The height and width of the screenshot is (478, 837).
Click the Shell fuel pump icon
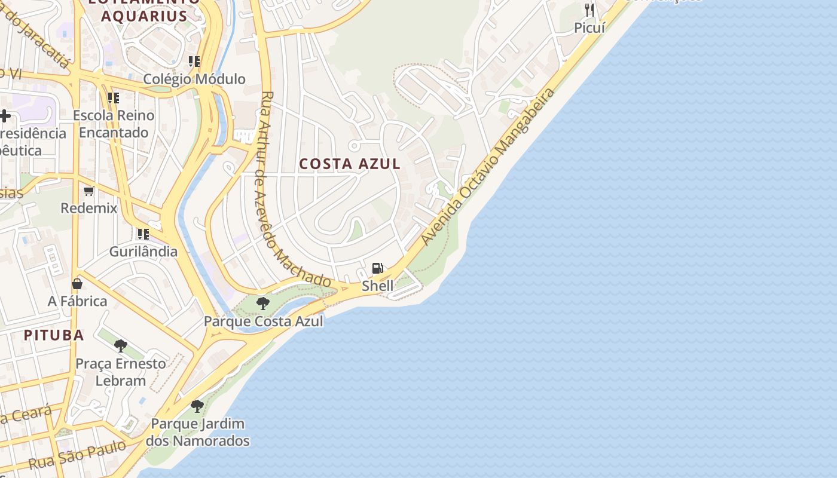click(x=377, y=268)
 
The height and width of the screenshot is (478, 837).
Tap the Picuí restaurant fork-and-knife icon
click(x=589, y=10)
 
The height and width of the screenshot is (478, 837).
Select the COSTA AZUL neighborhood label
click(x=350, y=164)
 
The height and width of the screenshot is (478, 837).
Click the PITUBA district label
click(x=54, y=335)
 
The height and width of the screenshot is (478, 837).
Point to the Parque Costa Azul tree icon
click(x=262, y=304)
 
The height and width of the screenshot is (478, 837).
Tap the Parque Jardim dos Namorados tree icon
click(x=197, y=406)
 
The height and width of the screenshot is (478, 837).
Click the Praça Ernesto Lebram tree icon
click(x=121, y=345)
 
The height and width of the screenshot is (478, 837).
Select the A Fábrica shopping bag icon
click(x=77, y=283)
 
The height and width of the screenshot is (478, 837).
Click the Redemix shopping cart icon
click(x=89, y=191)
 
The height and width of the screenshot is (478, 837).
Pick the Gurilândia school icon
click(x=143, y=234)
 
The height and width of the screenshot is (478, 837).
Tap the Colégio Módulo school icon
click(x=194, y=61)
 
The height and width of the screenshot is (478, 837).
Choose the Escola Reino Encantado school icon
click(x=113, y=97)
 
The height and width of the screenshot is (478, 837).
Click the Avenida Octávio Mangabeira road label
click(x=488, y=167)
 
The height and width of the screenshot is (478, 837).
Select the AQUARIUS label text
click(x=144, y=16)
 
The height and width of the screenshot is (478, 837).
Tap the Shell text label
click(x=378, y=286)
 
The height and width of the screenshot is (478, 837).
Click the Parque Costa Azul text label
click(x=263, y=321)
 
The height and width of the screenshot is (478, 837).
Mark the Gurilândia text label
click(x=143, y=252)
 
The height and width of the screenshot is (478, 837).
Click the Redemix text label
click(x=89, y=208)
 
